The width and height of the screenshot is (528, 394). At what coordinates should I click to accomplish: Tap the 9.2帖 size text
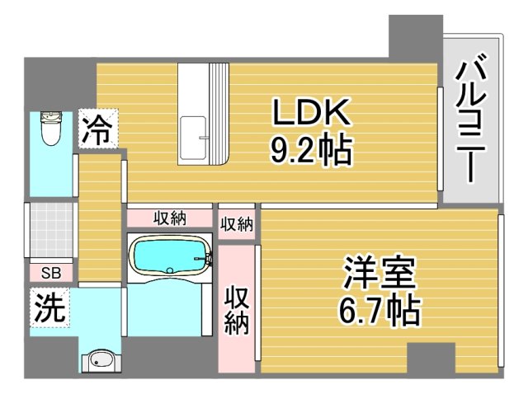tap(311, 151)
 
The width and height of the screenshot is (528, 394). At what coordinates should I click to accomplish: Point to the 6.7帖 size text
tap(379, 312)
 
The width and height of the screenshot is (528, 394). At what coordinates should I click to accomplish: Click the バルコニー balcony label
tap(471, 120)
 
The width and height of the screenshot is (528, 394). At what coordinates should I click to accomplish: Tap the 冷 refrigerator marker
tap(98, 130)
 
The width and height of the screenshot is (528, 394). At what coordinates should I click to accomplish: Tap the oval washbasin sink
tap(101, 359)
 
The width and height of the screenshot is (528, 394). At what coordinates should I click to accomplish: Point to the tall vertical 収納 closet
tap(237, 309)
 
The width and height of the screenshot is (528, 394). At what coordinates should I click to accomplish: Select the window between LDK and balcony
tap(441, 136)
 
